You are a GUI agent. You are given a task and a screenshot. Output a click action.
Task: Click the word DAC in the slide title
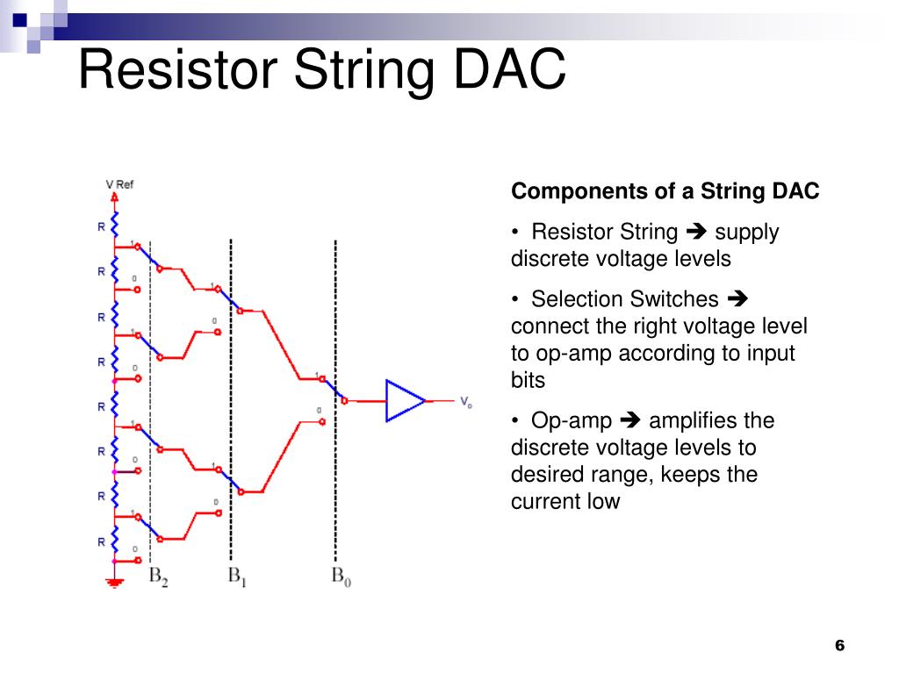pyautogui.click(x=509, y=68)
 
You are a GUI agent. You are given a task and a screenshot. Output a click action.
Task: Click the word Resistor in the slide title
pyautogui.click(x=177, y=68)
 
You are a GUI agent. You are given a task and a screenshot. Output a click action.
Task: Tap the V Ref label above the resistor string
pyautogui.click(x=119, y=184)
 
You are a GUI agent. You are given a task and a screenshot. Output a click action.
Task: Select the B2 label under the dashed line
pyautogui.click(x=158, y=577)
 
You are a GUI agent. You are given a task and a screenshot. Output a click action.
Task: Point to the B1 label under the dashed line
pyautogui.click(x=237, y=577)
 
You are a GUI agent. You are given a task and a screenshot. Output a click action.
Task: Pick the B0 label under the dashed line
pyautogui.click(x=342, y=577)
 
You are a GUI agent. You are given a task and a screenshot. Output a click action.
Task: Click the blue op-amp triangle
pyautogui.click(x=405, y=400)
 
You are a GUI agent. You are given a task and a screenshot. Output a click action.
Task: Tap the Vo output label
pyautogui.click(x=466, y=402)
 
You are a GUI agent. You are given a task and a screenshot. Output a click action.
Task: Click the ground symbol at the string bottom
pyautogui.click(x=115, y=584)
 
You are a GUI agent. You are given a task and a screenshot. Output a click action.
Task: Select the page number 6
pyautogui.click(x=839, y=645)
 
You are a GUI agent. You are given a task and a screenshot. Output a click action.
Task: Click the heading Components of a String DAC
pyautogui.click(x=665, y=190)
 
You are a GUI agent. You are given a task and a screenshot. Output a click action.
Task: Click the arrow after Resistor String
pyautogui.click(x=696, y=232)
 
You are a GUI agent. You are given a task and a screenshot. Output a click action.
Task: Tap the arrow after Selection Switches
pyautogui.click(x=737, y=298)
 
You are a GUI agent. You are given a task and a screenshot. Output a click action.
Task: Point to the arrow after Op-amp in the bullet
pyautogui.click(x=630, y=420)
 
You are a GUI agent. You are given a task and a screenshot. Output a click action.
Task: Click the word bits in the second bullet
pyautogui.click(x=528, y=380)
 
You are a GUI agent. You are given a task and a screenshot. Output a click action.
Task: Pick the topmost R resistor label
pyautogui.click(x=101, y=227)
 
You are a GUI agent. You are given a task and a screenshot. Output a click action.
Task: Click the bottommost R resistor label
pyautogui.click(x=101, y=542)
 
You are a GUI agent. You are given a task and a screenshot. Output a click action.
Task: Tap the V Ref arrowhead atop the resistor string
pyautogui.click(x=115, y=197)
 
